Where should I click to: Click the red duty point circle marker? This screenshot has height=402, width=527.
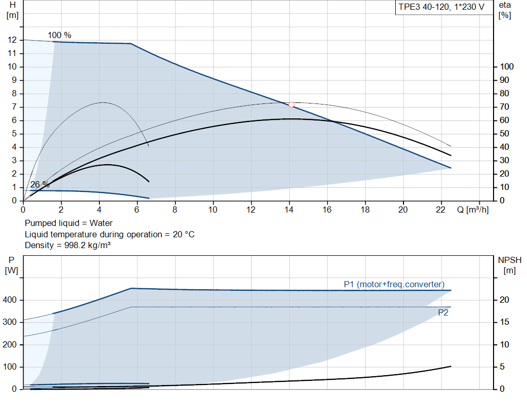[x=291, y=104]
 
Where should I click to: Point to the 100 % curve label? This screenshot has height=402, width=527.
[x=60, y=35]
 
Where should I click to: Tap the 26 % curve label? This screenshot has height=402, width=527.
[x=40, y=184]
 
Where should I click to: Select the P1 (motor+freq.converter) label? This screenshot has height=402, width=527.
[x=394, y=284]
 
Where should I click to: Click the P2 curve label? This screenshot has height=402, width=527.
[x=443, y=312]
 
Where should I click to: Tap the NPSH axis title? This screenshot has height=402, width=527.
[x=510, y=260]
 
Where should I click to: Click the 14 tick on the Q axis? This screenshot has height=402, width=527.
[x=289, y=209]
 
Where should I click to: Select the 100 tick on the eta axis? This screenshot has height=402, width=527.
[x=507, y=67]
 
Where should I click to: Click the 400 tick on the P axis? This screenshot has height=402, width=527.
[x=11, y=300]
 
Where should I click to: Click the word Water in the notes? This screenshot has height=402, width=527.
[x=101, y=223]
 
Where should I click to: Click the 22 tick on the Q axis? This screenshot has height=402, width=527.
[x=441, y=209]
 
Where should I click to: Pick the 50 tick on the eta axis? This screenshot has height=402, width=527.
[x=505, y=134]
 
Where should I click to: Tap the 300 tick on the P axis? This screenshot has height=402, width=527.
[x=11, y=322]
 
